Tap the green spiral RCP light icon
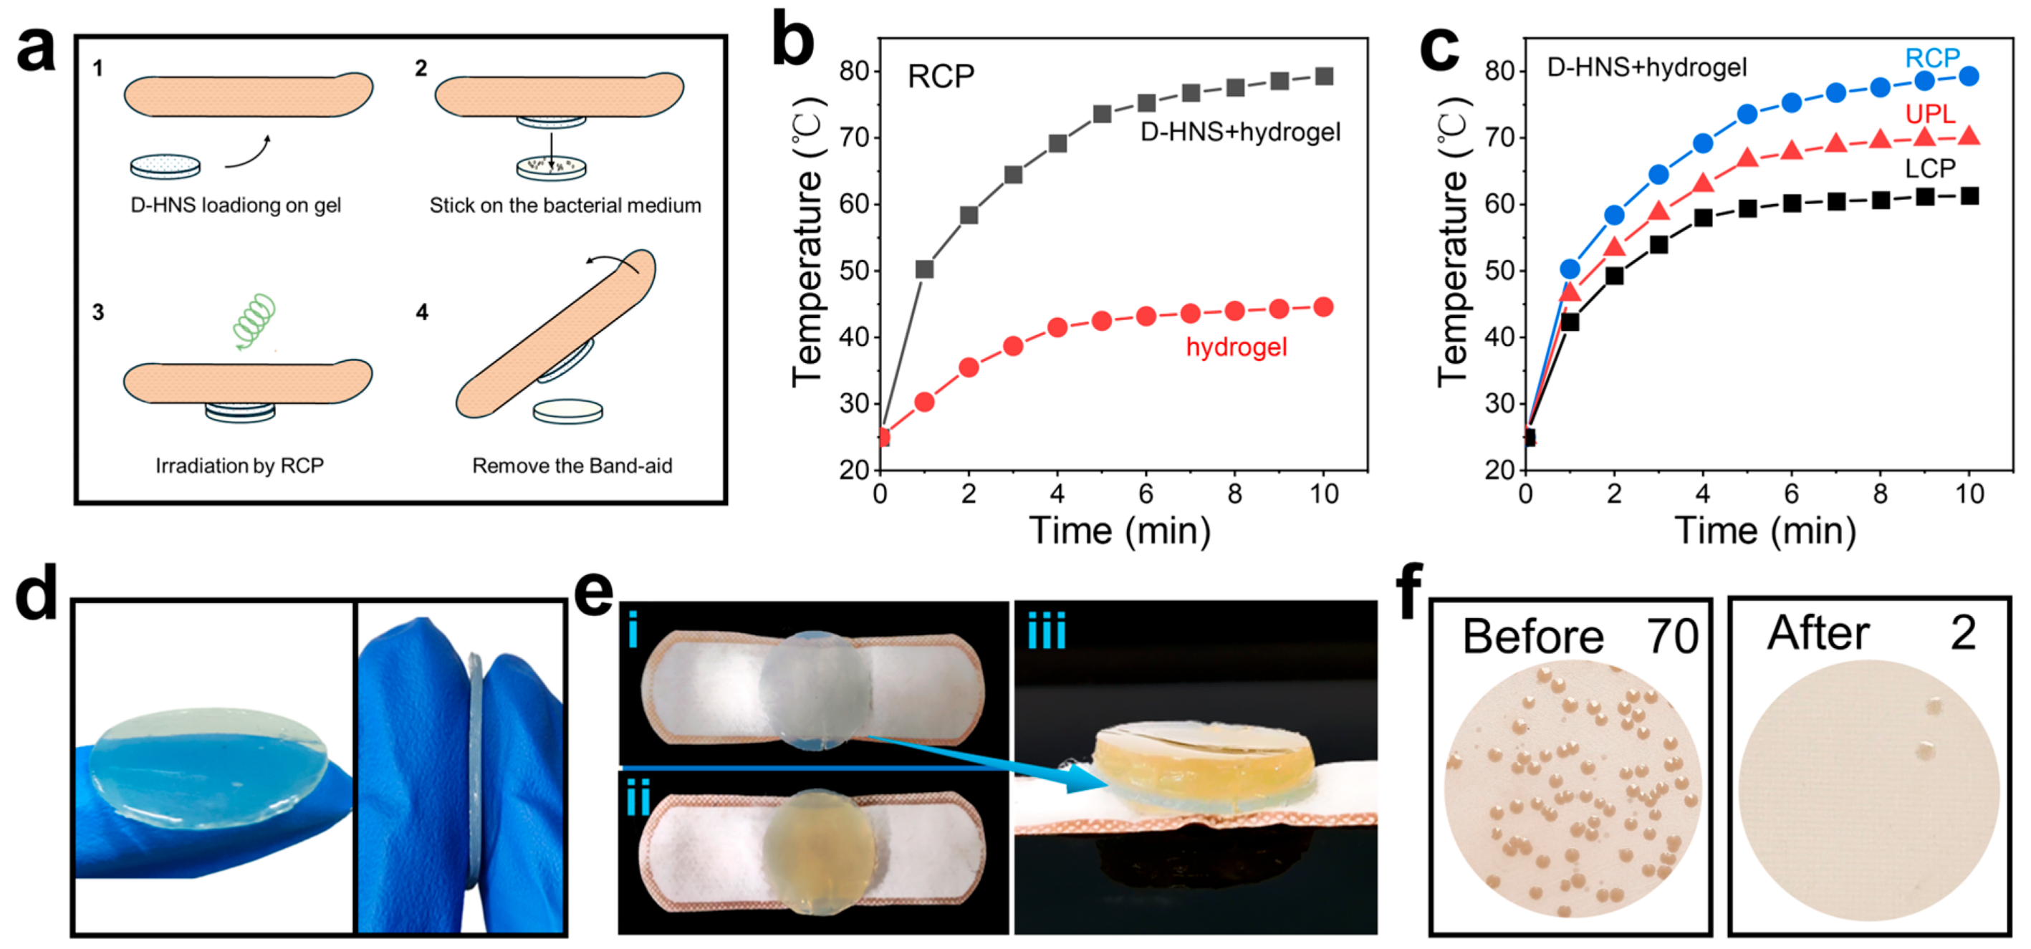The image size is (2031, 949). coord(254,320)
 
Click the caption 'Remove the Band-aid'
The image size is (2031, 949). coord(572,466)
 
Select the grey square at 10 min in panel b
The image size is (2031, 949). coord(1325,77)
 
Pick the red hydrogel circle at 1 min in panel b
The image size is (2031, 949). coord(925,402)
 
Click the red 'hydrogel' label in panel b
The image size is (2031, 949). coord(1237,347)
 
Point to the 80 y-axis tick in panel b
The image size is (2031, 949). coord(853,72)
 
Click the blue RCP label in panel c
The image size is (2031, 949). coord(1931,57)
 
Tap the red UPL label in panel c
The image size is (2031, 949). coord(1930,115)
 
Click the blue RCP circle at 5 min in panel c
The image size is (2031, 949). coord(1747,115)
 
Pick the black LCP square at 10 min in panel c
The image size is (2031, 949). coord(1969,196)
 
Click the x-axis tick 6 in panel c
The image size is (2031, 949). coord(1791,494)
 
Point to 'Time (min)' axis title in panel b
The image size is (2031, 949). coord(1120,531)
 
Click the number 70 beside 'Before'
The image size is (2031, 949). coord(1671,637)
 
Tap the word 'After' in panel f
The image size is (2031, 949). coord(1818,633)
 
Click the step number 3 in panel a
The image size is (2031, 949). coord(97,312)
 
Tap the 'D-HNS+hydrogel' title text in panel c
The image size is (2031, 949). coord(1647,68)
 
